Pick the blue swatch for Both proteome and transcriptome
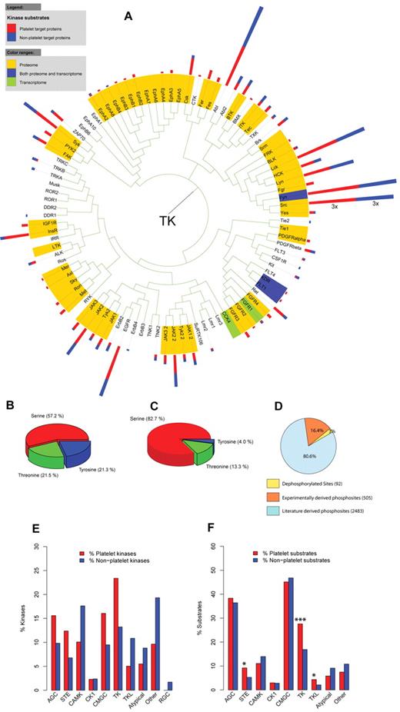coord(11,68)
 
